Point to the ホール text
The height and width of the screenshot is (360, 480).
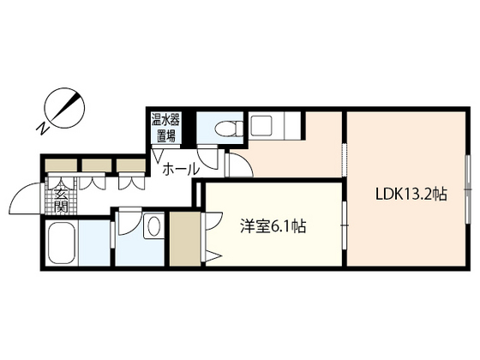click(181, 168)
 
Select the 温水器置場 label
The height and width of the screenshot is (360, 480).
click(164, 128)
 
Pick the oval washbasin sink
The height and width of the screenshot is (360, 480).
click(153, 227)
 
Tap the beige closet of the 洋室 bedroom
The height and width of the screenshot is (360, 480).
click(183, 239)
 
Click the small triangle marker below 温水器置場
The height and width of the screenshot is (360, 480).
click(157, 153)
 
